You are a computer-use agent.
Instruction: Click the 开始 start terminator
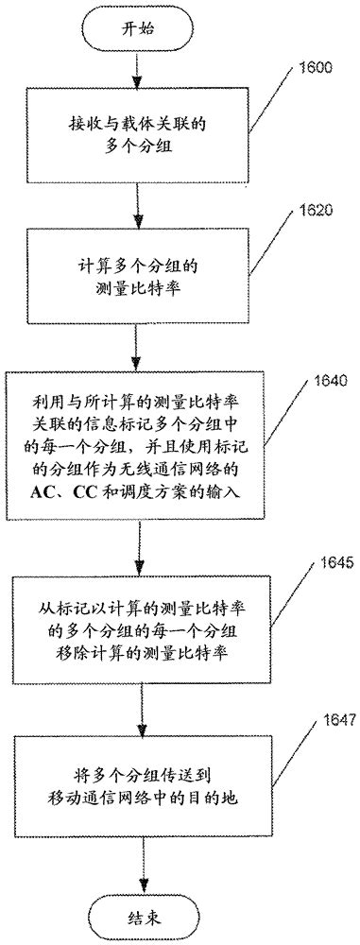click(137, 29)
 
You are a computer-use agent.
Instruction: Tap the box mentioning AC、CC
click(138, 454)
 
